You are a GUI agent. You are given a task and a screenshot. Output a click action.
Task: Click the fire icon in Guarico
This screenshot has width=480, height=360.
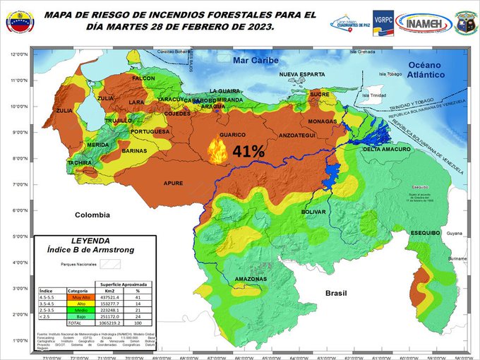218,150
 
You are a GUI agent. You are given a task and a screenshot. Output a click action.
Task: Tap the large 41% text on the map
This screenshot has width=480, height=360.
248,151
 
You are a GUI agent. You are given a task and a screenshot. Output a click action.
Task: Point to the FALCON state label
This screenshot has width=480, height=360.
143,78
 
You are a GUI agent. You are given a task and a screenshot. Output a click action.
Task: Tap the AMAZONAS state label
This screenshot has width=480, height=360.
251,279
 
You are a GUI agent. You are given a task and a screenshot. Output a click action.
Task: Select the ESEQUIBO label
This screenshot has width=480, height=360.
426,232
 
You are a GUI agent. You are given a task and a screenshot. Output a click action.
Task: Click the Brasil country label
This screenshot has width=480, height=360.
337,292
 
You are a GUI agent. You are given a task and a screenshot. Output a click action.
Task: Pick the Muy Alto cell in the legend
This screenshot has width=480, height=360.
76,296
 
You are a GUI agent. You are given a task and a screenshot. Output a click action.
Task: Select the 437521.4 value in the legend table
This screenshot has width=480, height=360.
109,296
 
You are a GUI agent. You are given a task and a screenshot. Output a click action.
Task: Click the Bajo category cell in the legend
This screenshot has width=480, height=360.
76,316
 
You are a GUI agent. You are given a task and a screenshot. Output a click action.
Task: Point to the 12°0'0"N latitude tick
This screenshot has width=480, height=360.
18,54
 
